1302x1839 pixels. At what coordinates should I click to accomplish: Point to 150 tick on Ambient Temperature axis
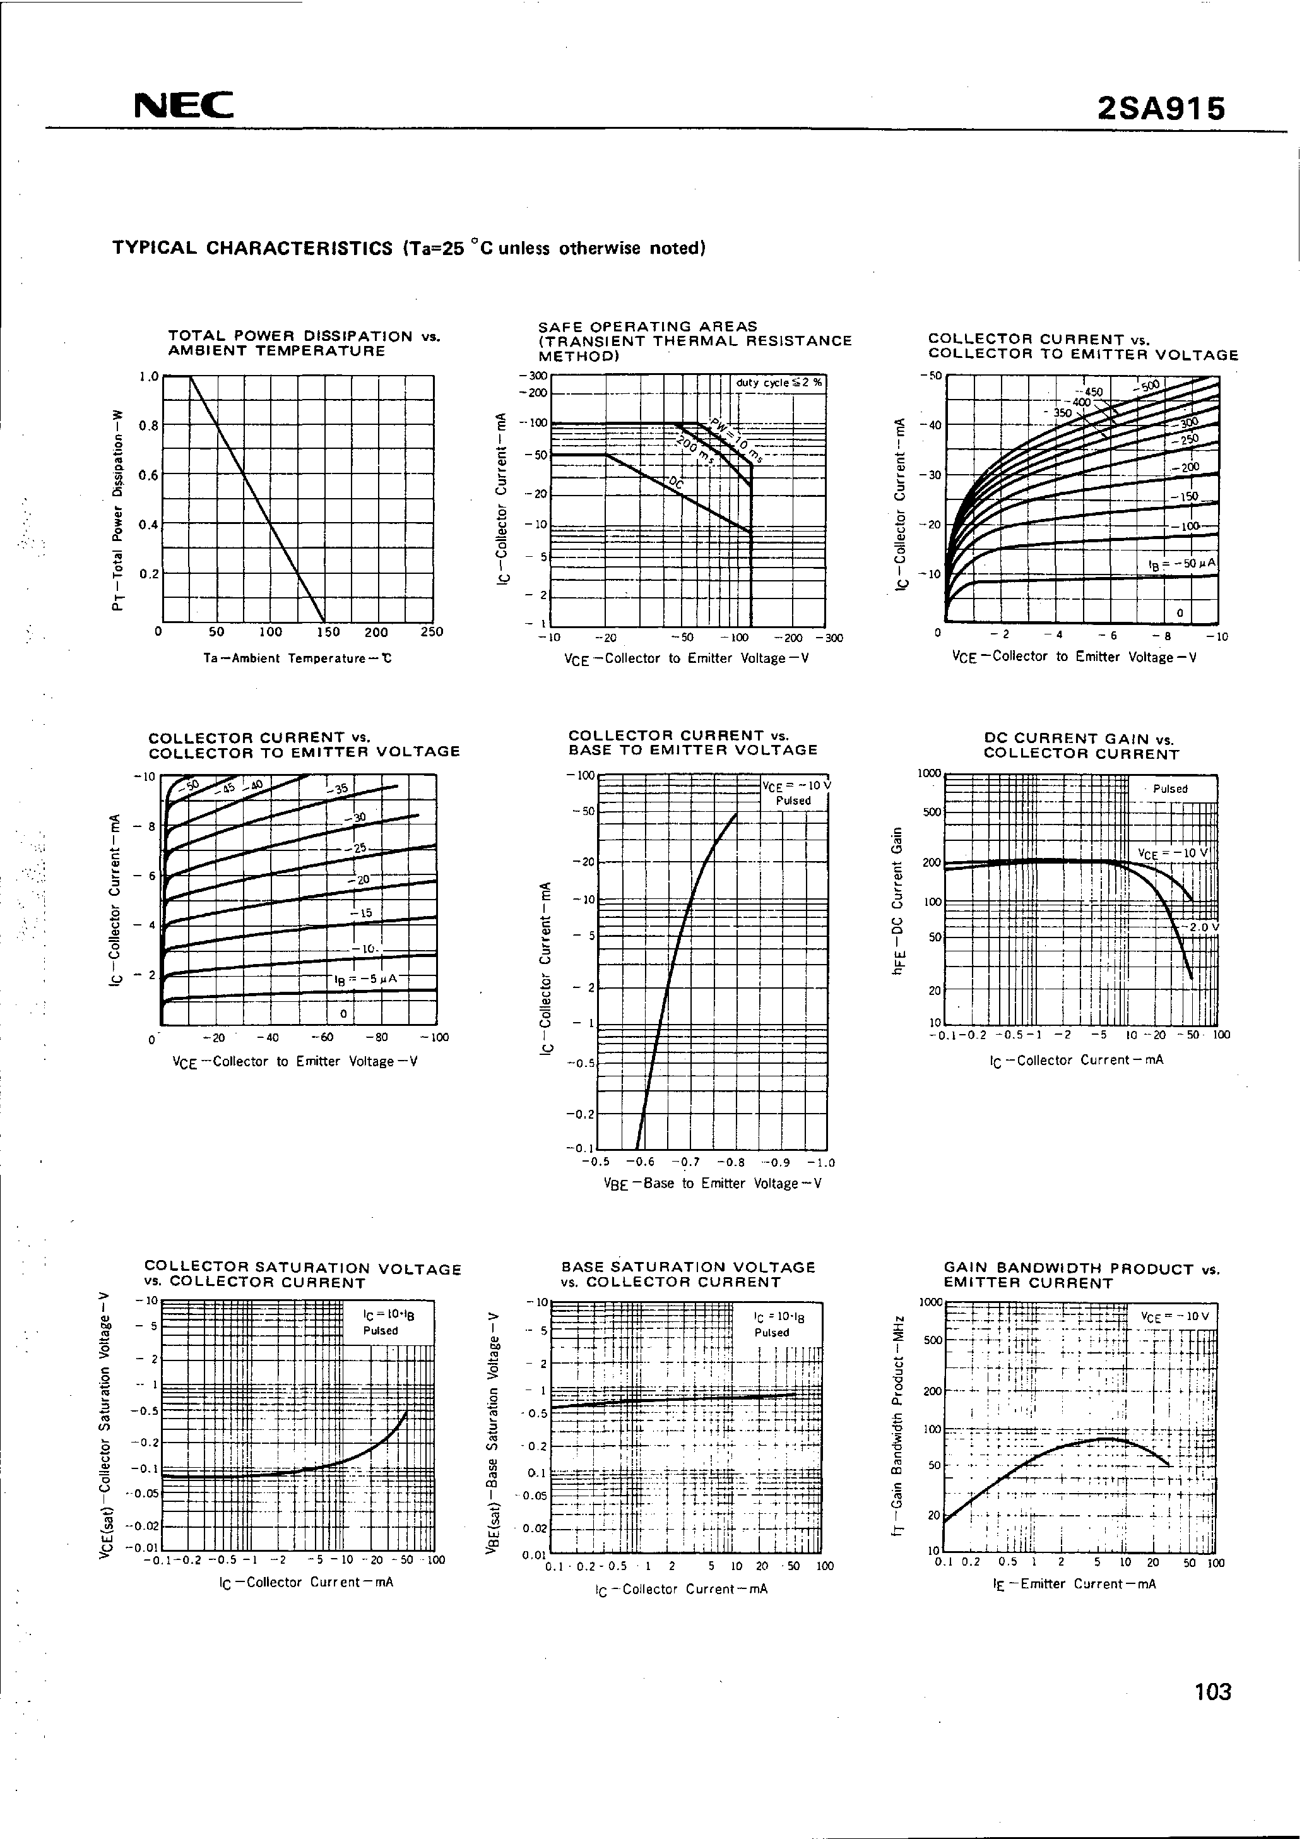click(x=328, y=631)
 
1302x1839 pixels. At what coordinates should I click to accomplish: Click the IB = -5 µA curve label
click(x=365, y=979)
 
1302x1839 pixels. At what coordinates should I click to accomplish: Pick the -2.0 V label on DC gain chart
click(x=1202, y=926)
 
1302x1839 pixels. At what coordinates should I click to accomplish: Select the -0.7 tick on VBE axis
click(x=685, y=1162)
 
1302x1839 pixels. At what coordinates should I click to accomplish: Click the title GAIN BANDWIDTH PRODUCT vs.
click(x=1080, y=1269)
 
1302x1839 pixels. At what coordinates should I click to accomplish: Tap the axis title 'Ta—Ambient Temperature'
click(x=297, y=658)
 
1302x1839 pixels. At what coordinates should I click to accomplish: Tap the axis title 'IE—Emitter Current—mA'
click(x=1074, y=1584)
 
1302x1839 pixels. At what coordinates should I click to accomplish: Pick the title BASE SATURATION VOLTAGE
click(x=688, y=1267)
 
